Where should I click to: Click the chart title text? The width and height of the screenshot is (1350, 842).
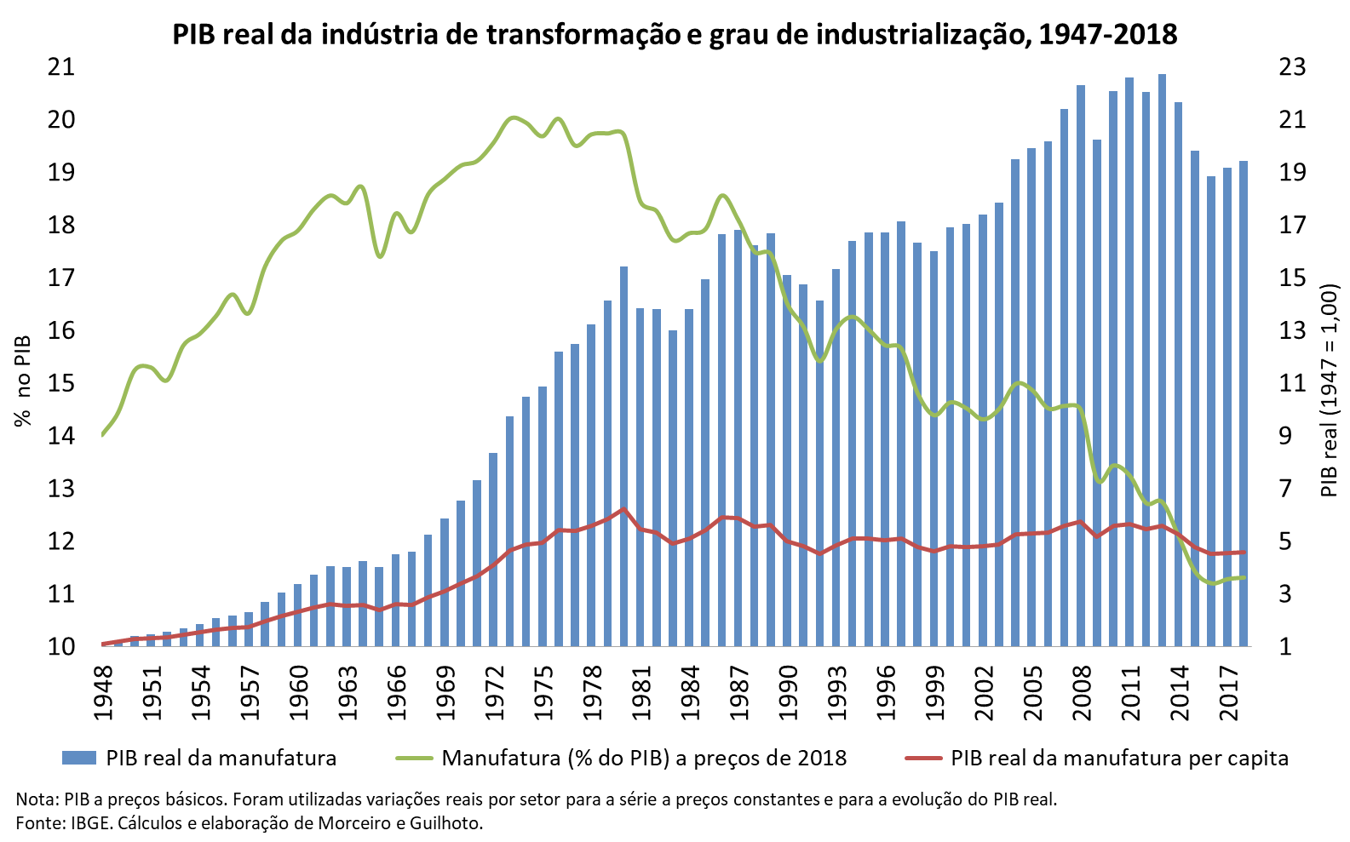675,34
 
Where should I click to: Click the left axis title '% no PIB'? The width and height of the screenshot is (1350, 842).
23,380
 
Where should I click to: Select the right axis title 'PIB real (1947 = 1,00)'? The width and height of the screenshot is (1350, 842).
1330,391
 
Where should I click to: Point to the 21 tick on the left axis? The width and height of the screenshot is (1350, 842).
60,66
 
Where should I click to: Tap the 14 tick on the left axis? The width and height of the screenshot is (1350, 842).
60,436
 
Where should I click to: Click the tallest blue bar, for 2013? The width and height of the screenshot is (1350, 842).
1163,358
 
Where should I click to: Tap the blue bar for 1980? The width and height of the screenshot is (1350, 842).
624,460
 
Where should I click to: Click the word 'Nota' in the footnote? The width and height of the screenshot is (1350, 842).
32,799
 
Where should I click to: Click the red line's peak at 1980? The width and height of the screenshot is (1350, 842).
623,509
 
